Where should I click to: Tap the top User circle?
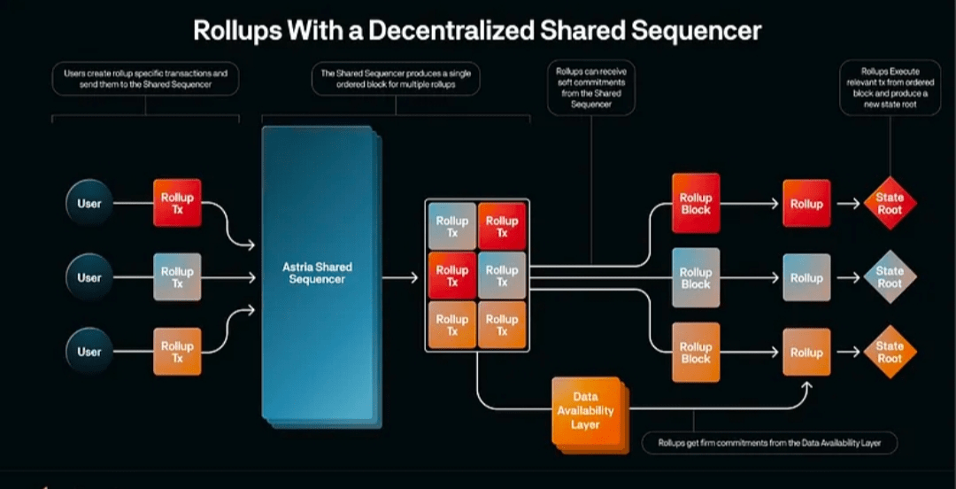coord(89,204)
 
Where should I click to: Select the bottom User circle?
coord(89,352)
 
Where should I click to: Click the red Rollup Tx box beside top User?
coord(177,203)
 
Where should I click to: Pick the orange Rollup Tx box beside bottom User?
coord(177,352)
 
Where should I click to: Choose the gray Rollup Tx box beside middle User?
coord(177,277)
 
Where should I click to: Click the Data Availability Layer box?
coord(585,410)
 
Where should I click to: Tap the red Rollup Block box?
coord(696,203)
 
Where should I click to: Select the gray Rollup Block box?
coord(696,277)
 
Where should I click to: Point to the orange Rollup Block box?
coord(696,352)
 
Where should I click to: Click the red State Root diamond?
coord(890,204)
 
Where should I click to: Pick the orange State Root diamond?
coord(890,352)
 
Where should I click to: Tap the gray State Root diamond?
coord(890,277)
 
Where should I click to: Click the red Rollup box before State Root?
coord(806,204)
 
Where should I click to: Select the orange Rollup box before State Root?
coord(806,352)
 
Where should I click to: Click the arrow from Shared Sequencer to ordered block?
coord(404,277)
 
